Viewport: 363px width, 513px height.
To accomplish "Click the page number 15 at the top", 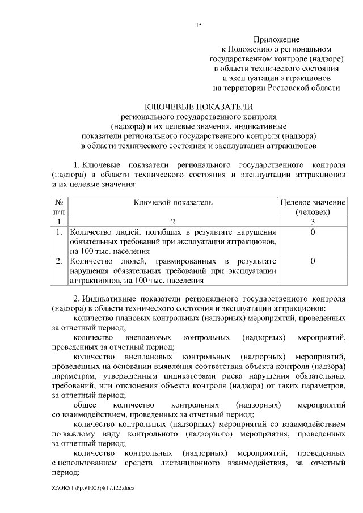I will click(x=199, y=25).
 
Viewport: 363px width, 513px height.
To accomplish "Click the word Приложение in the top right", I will click(x=276, y=40).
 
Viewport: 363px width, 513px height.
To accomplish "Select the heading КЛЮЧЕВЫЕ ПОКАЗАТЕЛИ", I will click(x=198, y=107).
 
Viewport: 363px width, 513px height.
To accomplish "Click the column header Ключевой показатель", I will click(x=173, y=202).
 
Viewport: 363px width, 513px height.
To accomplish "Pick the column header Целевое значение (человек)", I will click(x=313, y=207).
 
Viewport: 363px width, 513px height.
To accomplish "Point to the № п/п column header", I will click(x=59, y=207).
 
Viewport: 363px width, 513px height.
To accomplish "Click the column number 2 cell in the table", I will click(x=173, y=222).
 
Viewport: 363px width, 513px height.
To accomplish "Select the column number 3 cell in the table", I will click(x=313, y=222).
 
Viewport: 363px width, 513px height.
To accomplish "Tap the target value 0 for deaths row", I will click(x=313, y=232).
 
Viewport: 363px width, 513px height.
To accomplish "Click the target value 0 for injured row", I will click(x=313, y=261).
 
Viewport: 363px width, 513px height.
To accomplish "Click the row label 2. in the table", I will click(x=59, y=261).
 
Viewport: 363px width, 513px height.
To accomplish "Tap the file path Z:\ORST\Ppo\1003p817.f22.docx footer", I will click(x=93, y=487).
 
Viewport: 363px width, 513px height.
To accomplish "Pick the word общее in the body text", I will click(x=84, y=406).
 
